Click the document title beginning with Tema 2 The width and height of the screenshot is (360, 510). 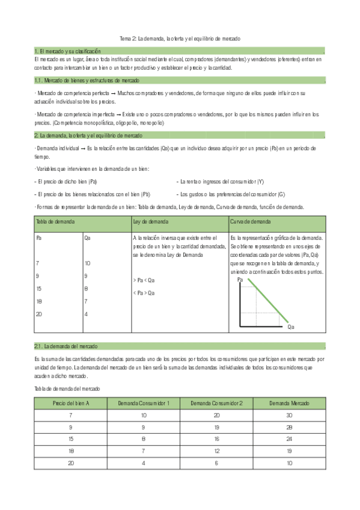point(180,38)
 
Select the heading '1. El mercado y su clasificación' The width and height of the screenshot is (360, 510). point(67,52)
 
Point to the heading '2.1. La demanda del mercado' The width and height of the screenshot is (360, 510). point(66,347)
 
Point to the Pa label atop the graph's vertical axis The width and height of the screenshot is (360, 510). point(241,280)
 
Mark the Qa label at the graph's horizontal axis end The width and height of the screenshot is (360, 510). point(291,327)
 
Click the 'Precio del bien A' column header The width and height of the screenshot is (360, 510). point(70,403)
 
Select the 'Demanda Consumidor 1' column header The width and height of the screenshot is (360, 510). point(144,403)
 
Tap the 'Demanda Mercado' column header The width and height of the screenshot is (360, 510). point(288,403)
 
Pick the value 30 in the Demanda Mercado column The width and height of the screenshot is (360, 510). point(288,416)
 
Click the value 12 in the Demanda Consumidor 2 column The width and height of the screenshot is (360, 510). point(216,450)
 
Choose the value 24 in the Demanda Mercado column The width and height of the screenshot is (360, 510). point(288,438)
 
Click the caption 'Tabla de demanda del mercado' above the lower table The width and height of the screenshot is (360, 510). point(67,389)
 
